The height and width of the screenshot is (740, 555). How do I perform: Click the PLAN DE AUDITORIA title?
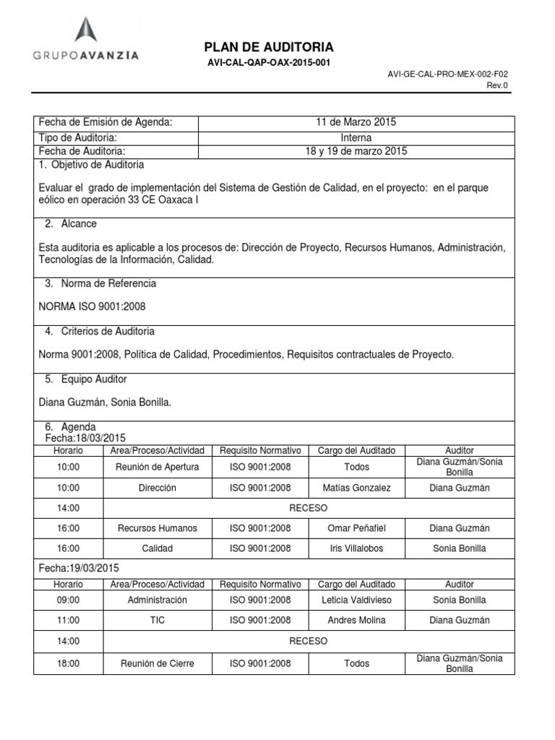click(x=268, y=47)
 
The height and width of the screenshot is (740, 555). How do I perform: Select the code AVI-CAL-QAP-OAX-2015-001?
click(x=268, y=63)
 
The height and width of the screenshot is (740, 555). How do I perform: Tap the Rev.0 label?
click(x=499, y=85)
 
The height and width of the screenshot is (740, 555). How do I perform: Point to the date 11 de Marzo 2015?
click(x=356, y=122)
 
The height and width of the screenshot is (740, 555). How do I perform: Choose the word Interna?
click(x=356, y=137)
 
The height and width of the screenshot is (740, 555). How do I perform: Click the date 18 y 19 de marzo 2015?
click(x=356, y=151)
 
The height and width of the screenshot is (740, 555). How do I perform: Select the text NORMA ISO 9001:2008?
click(x=92, y=306)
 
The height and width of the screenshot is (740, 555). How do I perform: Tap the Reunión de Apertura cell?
click(x=157, y=467)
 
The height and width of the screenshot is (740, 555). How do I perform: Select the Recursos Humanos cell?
click(x=157, y=528)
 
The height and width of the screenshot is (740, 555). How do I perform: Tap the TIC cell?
click(x=157, y=620)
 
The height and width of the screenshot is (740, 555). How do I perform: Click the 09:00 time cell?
click(x=68, y=600)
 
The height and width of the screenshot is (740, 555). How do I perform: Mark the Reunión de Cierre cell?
click(x=157, y=663)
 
